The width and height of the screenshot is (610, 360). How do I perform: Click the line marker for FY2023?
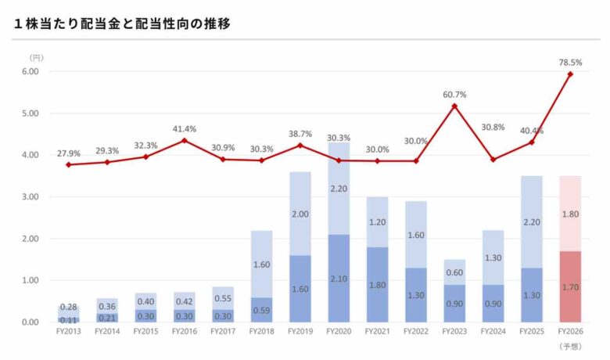[x=454, y=106]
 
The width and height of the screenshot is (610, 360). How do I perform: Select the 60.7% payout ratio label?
[x=454, y=95]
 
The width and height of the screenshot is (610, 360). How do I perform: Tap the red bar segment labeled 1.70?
[x=570, y=286]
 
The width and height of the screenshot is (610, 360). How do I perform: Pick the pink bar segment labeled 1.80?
[x=570, y=214]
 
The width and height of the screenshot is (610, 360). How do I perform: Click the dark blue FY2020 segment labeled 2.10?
[x=339, y=278]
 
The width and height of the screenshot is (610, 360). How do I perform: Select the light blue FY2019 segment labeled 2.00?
[x=300, y=214]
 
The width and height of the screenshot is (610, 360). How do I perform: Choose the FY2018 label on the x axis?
[x=261, y=332]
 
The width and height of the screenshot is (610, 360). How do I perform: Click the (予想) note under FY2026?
[x=570, y=345]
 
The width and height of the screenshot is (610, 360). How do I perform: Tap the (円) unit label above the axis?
[x=37, y=58]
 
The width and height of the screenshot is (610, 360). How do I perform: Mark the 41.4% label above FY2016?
[x=185, y=128]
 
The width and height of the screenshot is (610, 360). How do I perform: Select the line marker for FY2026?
[x=570, y=74]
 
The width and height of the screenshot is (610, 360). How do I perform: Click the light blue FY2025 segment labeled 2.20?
[x=532, y=222]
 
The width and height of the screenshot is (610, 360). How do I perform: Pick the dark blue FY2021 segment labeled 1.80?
[x=377, y=284]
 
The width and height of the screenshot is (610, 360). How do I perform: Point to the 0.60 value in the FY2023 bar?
[x=454, y=273]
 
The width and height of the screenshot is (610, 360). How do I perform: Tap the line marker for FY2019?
[x=300, y=145]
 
